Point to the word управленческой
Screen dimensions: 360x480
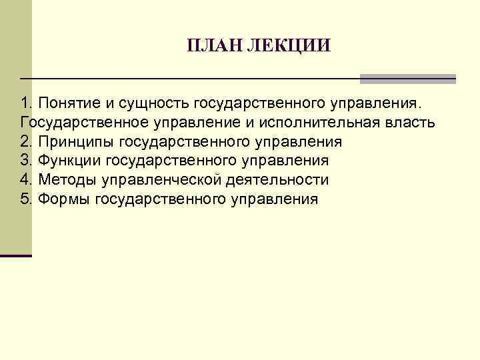[x=159, y=179]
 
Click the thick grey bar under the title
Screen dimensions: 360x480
[x=407, y=79]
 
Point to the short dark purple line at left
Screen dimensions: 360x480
[x=16, y=256]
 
